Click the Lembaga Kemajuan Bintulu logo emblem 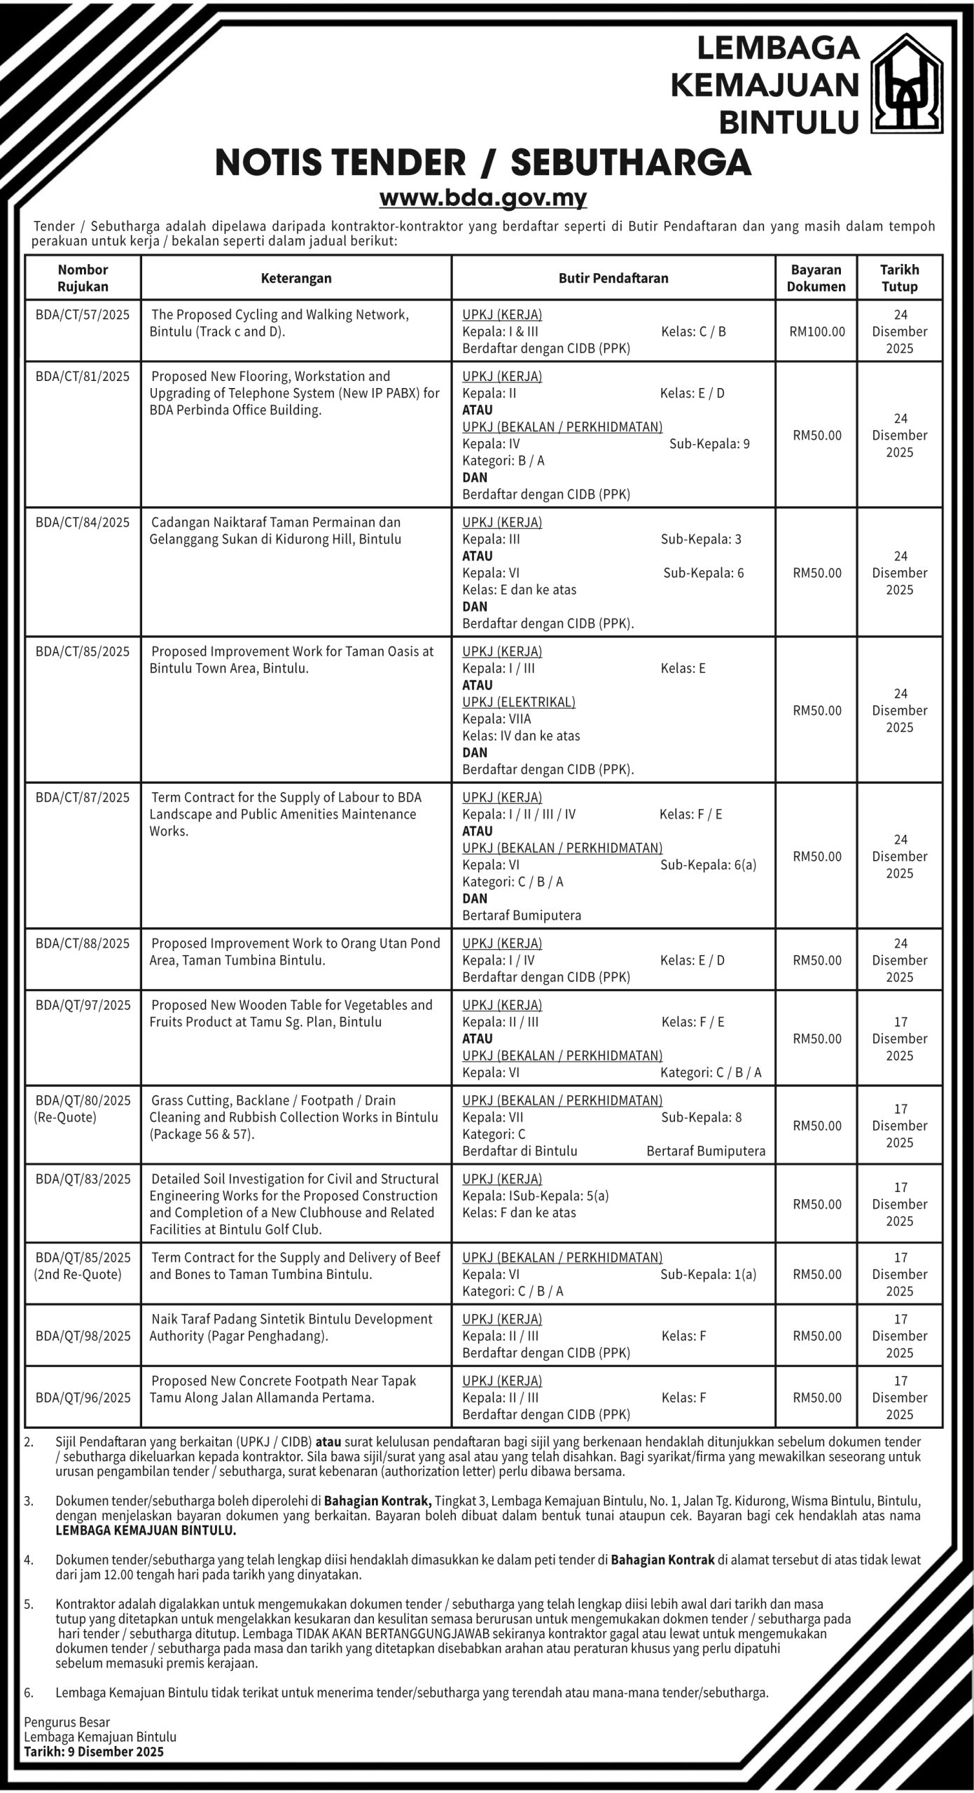point(906,84)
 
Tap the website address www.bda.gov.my point(482,198)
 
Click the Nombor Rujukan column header point(83,278)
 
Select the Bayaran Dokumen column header point(816,278)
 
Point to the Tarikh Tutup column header point(899,278)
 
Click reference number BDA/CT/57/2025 point(83,315)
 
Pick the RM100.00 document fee point(816,332)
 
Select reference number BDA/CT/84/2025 point(83,522)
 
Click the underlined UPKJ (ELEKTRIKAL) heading point(518,702)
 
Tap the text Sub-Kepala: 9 point(709,444)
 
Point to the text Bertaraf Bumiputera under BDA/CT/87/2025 point(521,915)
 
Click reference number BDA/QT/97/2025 point(83,1005)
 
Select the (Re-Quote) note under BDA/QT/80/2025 point(65,1117)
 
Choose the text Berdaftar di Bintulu point(520,1151)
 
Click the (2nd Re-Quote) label point(77,1274)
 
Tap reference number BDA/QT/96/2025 point(83,1397)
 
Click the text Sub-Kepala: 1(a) point(708,1274)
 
